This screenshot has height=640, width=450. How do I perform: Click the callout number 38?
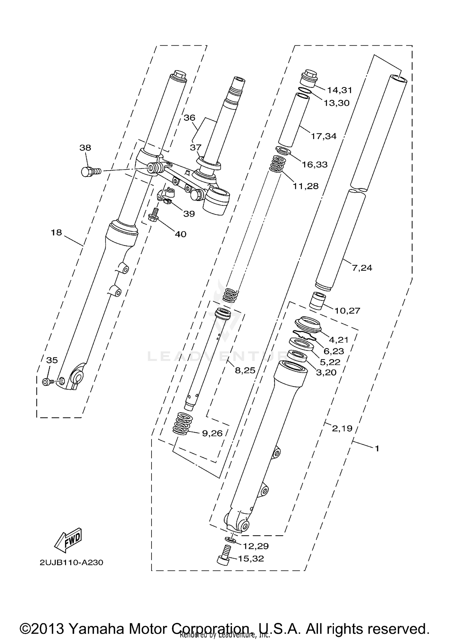pos(85,147)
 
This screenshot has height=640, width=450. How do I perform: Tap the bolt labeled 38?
pos(90,172)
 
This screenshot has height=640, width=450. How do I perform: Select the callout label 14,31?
pos(339,90)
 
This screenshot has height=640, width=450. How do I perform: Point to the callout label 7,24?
pos(362,268)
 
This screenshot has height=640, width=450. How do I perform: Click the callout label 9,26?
pos(212,433)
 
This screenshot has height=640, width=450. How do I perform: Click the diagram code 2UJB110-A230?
pos(71,562)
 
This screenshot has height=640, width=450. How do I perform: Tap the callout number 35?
pos(52,360)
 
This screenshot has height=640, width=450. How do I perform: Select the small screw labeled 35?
pos(47,382)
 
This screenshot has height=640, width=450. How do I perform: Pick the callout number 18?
pos(56,232)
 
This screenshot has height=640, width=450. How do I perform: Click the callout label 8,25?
pos(245,371)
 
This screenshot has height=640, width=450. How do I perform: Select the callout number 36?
pos(189,118)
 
